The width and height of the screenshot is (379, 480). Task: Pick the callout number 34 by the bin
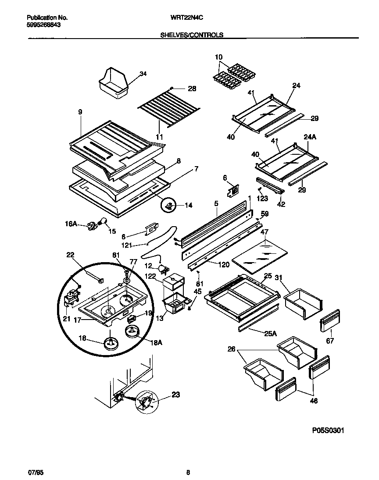pyautogui.click(x=143, y=74)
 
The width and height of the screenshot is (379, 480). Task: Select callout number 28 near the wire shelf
pyautogui.click(x=192, y=89)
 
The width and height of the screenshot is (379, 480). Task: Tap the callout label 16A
pyautogui.click(x=71, y=224)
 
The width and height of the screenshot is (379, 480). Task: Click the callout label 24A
pyautogui.click(x=310, y=137)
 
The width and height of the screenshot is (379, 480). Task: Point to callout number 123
pyautogui.click(x=262, y=199)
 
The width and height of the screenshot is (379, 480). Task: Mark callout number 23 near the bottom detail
pyautogui.click(x=175, y=395)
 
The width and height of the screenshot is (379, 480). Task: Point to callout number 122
pyautogui.click(x=150, y=276)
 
